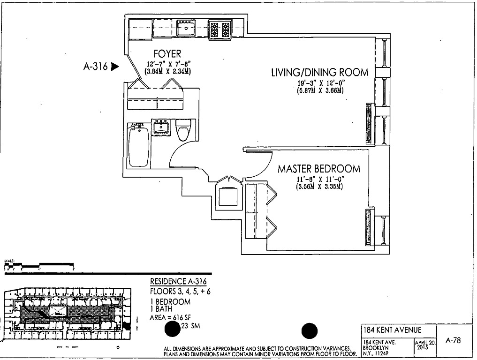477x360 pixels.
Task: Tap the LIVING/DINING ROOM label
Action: click(319, 73)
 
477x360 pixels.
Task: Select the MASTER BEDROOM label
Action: click(319, 169)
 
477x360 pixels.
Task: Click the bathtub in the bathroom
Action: click(139, 144)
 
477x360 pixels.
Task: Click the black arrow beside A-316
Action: click(114, 67)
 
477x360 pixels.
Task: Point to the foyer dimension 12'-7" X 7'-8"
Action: click(168, 64)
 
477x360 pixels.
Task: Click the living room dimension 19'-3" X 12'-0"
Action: click(321, 83)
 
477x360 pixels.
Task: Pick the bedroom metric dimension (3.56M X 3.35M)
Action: click(319, 187)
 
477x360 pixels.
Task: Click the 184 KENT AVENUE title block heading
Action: click(392, 330)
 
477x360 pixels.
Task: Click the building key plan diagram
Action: click(66, 313)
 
